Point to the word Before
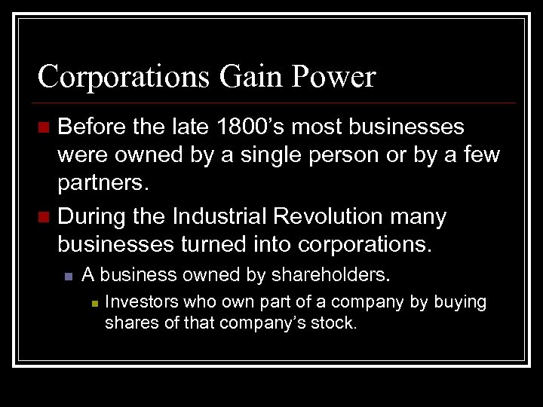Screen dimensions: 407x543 (92, 127)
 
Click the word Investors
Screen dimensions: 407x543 (140, 302)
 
